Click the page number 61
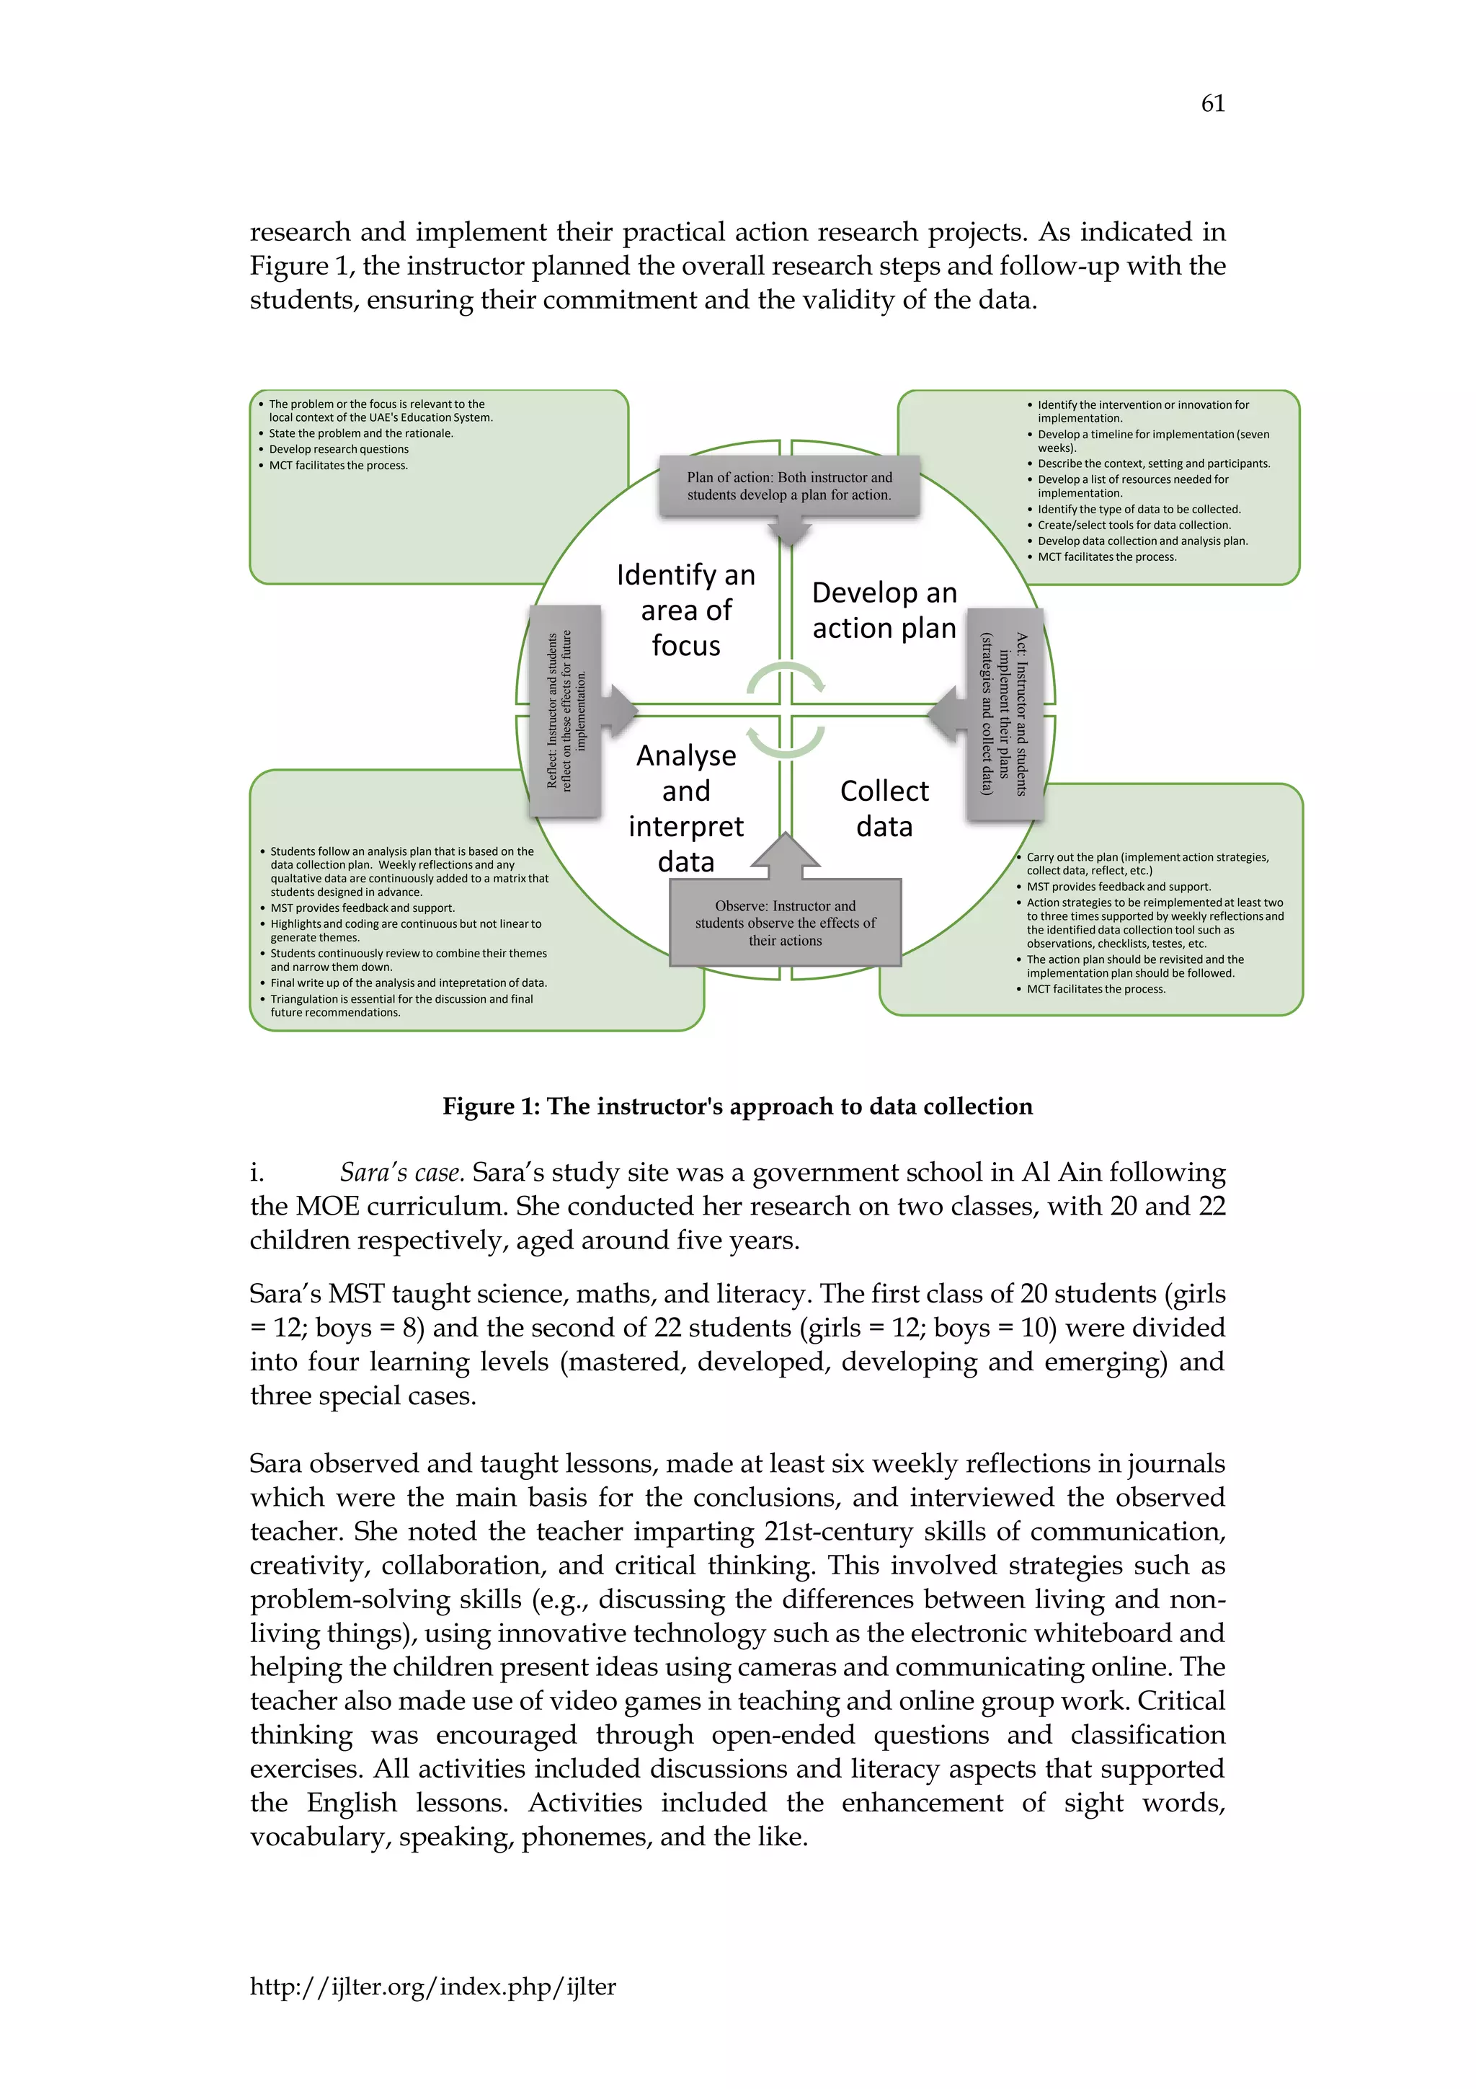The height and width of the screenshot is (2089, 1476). [x=1212, y=104]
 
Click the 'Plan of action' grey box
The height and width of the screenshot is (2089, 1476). [x=788, y=486]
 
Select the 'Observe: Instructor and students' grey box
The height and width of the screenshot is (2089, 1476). [x=785, y=922]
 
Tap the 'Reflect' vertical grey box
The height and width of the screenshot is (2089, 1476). [x=566, y=710]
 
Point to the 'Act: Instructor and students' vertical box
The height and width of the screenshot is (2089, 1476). [x=1004, y=714]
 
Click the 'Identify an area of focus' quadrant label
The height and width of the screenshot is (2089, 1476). [x=685, y=610]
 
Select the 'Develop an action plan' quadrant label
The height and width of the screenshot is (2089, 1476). [x=884, y=610]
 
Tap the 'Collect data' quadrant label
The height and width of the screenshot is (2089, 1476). [x=884, y=808]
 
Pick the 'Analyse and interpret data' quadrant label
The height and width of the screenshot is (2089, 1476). [x=685, y=808]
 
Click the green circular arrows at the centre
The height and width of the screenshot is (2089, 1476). [x=786, y=710]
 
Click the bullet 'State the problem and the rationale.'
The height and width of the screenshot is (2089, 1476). [x=360, y=433]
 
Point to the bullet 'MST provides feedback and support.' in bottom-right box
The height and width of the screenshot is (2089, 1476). [x=1119, y=886]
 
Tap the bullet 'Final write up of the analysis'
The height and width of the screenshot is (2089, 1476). [x=409, y=983]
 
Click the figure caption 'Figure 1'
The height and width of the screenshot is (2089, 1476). [x=737, y=1106]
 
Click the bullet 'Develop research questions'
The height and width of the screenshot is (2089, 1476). [x=338, y=450]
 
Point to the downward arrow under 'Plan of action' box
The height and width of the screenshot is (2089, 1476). [x=789, y=531]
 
